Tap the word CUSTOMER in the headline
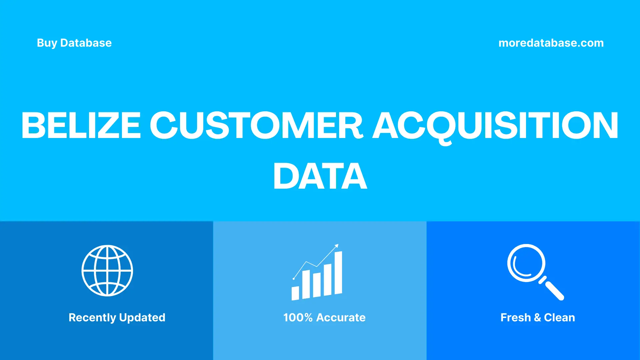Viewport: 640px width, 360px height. coord(256,125)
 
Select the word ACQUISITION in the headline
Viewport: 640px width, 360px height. coord(495,125)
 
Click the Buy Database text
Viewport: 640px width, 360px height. coord(74,43)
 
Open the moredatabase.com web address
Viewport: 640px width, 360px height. coord(551,43)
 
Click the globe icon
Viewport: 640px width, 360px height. coord(107,271)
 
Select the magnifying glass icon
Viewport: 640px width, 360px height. coord(533,271)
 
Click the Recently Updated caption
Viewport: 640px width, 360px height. coord(117,317)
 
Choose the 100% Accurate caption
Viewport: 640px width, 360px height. coord(324,317)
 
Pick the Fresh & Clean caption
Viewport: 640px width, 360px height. coord(537,317)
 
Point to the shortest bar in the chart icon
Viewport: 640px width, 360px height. coord(295,293)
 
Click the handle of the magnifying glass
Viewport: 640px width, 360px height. coord(554,290)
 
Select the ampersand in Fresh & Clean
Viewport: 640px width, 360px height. coord(537,317)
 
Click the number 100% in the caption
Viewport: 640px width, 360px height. coord(298,317)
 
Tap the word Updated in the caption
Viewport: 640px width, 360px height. coord(142,317)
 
